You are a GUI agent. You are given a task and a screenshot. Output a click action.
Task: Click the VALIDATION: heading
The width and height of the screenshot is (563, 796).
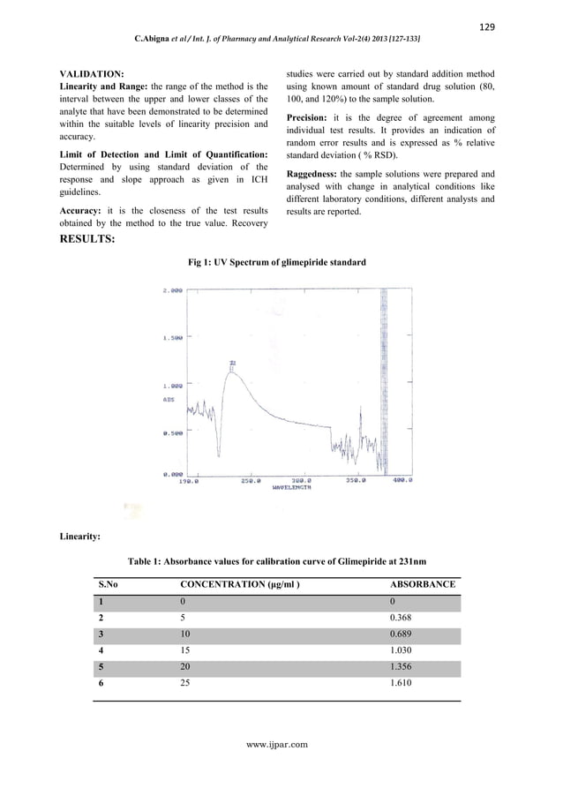tap(91, 71)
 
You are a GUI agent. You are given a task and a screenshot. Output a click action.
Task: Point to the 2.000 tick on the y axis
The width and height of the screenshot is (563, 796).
tap(171, 290)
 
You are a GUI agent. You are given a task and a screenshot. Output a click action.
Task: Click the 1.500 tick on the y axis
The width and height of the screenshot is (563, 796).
tap(171, 338)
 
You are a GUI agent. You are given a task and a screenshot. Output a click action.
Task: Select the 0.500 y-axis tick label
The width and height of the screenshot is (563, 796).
tap(171, 433)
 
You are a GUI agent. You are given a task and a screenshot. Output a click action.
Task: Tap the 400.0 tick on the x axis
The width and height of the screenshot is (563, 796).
tap(403, 482)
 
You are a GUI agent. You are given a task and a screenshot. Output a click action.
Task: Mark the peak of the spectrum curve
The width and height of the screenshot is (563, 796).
tap(232, 372)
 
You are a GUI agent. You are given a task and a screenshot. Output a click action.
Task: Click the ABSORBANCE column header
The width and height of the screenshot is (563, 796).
tap(423, 584)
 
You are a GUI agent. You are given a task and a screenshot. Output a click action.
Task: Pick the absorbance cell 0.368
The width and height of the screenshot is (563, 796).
tap(401, 618)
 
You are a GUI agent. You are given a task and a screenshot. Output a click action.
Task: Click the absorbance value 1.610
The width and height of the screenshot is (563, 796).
tap(401, 683)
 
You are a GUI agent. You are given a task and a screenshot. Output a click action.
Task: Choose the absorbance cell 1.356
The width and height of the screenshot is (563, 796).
tap(401, 667)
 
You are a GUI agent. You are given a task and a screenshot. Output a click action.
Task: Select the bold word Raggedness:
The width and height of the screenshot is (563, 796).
tap(313, 174)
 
